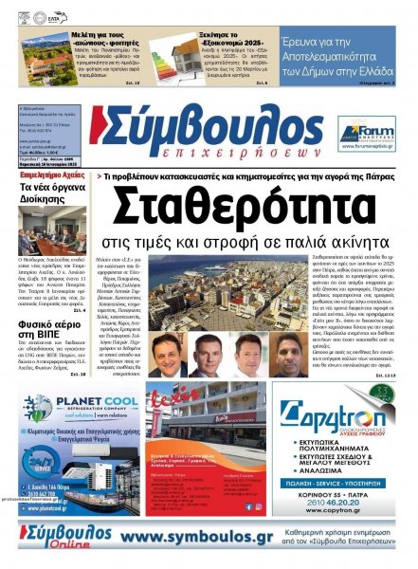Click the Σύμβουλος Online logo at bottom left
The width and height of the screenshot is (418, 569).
pos(57,538)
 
